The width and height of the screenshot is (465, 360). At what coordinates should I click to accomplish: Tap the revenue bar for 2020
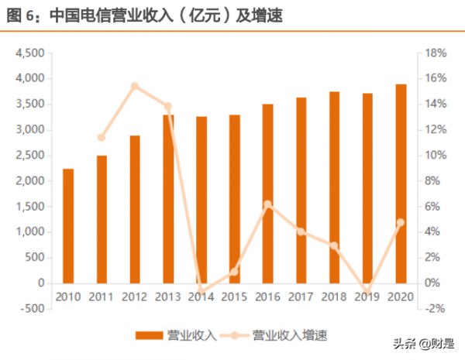tap(401, 183)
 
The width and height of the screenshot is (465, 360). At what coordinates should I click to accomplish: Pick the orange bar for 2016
tap(267, 193)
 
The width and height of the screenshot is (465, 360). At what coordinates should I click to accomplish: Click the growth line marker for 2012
tap(135, 86)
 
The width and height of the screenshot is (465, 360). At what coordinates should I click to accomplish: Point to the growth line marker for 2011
tap(102, 138)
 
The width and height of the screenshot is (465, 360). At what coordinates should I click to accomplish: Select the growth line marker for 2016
tap(267, 204)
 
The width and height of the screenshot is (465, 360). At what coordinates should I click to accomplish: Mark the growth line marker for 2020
tap(401, 222)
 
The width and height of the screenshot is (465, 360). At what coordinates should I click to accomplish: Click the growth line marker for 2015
tap(234, 271)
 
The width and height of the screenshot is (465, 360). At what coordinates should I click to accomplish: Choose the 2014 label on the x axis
tap(201, 296)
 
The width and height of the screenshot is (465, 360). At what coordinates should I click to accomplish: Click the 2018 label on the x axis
tap(334, 296)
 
